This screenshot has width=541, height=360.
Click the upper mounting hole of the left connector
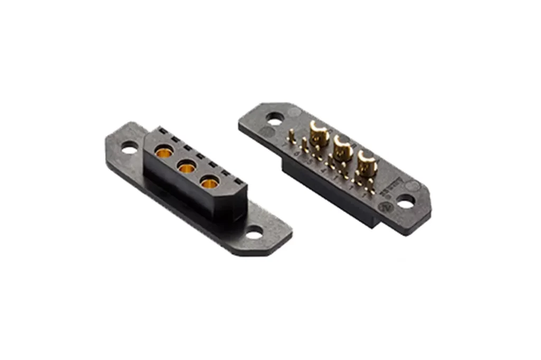129,150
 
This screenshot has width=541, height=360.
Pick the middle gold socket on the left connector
186,169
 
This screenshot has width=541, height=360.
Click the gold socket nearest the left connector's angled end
210,184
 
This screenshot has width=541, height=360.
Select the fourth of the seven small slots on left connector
200,156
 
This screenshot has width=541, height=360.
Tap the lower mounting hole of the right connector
405,201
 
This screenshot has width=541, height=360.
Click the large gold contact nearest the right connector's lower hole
367,162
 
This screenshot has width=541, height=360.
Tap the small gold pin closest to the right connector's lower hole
372,187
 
